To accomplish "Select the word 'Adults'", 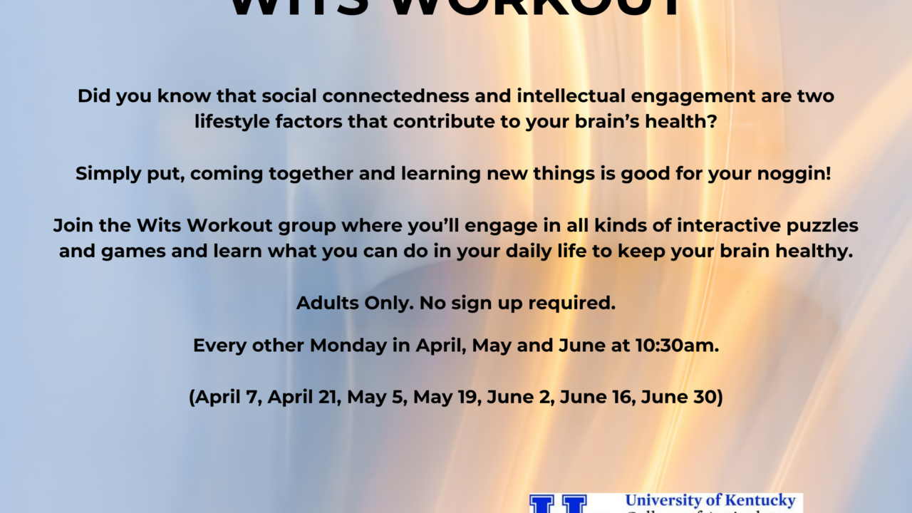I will point(324,303).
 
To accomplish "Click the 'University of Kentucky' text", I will point(710,500).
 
